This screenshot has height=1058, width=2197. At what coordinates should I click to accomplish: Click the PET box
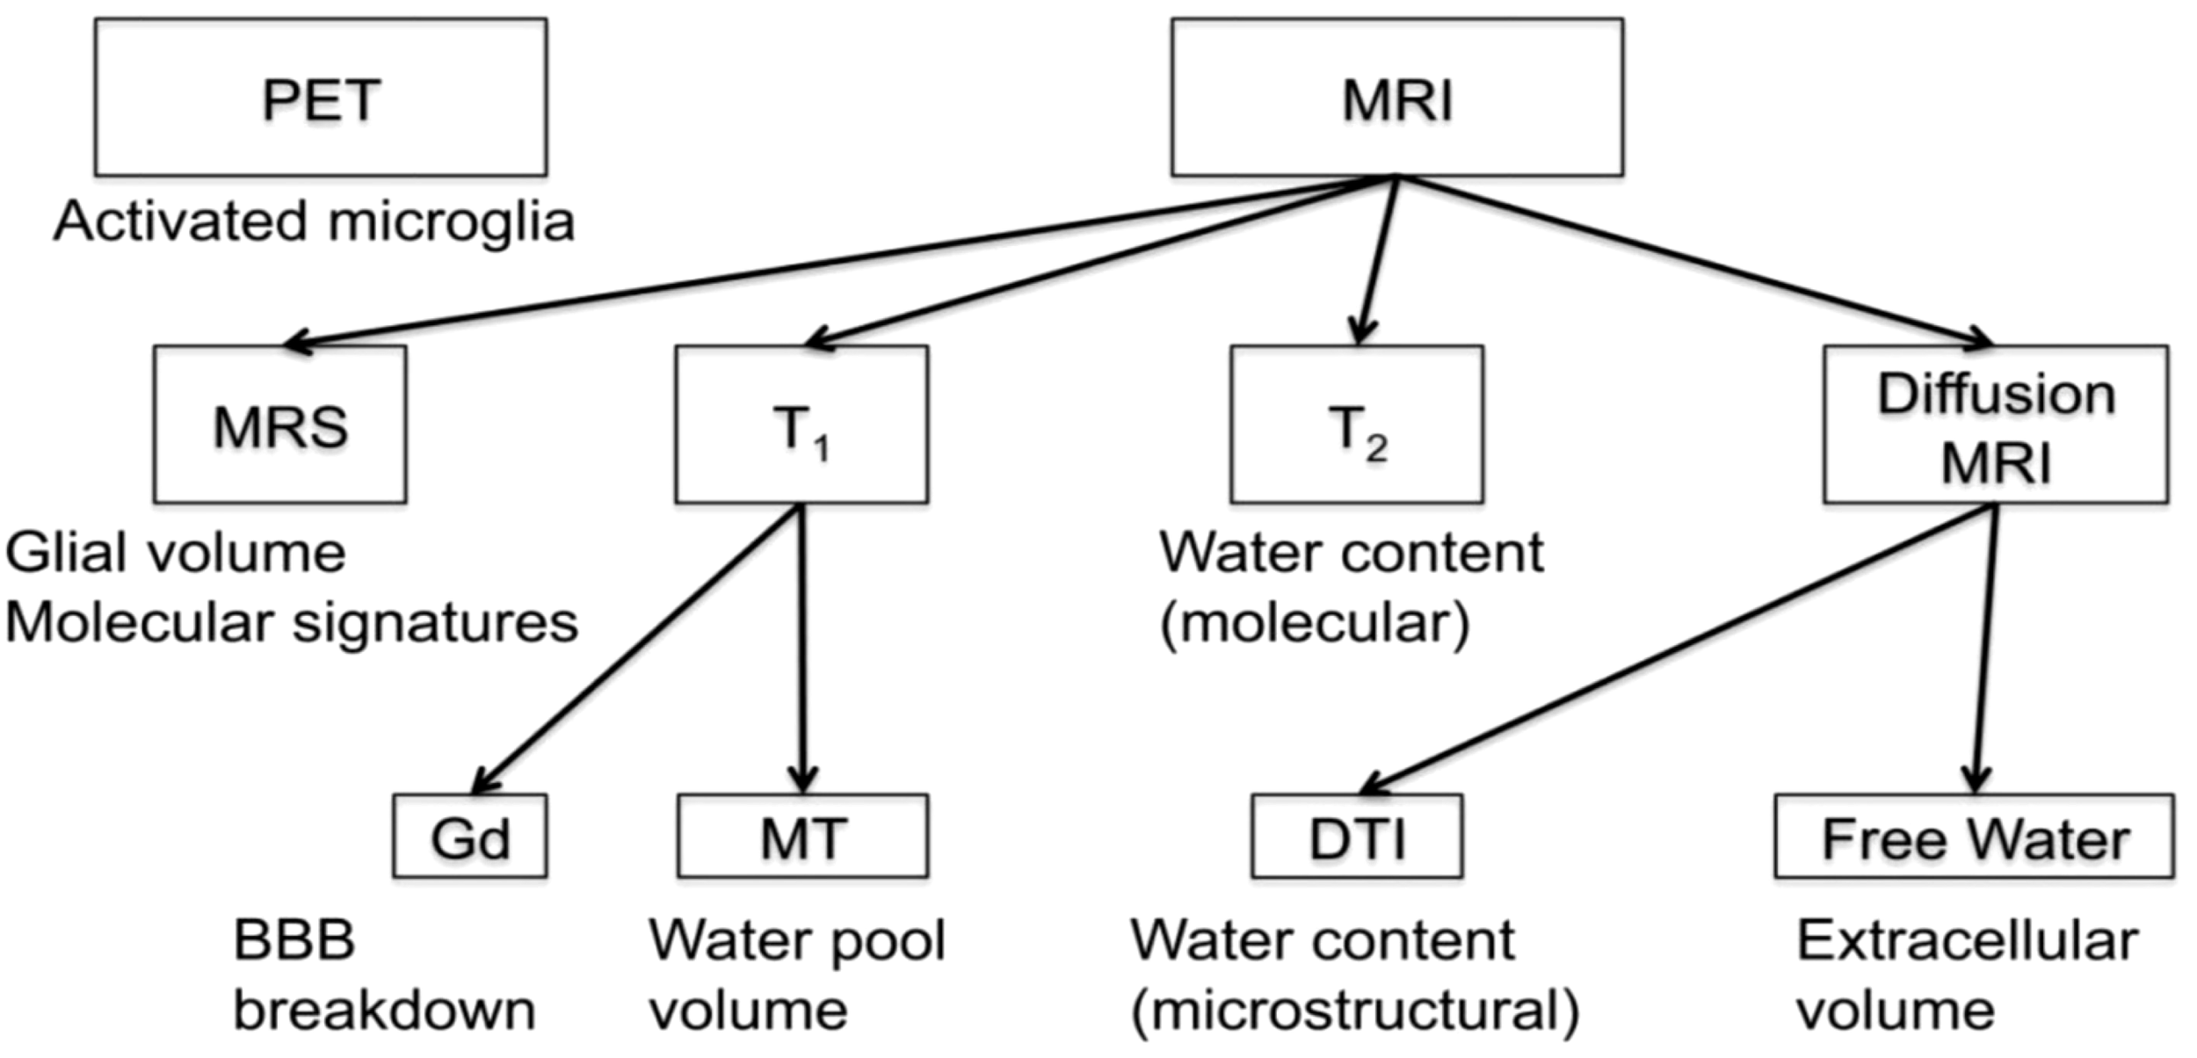coord(321,98)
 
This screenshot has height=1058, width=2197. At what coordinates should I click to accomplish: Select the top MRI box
coord(1396,98)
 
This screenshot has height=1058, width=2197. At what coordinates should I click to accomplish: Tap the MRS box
coord(279,424)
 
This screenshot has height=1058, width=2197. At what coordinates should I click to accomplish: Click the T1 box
coord(801,424)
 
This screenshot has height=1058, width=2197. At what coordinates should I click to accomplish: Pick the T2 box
coord(1356,424)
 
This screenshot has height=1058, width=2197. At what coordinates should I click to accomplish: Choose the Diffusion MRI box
coord(1995,424)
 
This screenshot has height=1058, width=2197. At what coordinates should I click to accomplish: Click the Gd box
coord(469,837)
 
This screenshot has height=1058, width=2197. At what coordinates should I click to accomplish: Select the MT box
coord(801,837)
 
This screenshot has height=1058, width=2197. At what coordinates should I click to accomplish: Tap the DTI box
coord(1357,837)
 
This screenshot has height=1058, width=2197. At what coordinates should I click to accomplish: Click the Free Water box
coord(1974,837)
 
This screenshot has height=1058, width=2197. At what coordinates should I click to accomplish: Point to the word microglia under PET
coord(451,221)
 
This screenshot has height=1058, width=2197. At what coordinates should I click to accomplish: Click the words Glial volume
coord(176,554)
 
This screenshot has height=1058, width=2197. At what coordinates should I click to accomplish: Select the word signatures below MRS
coord(435,623)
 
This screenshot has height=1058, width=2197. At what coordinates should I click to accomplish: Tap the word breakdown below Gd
coord(384,1011)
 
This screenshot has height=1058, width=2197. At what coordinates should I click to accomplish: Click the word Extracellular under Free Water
coord(1967,942)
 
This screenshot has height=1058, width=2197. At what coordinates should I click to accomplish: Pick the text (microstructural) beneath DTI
coord(1354,1011)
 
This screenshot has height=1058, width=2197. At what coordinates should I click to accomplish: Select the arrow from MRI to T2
coord(1377,259)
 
